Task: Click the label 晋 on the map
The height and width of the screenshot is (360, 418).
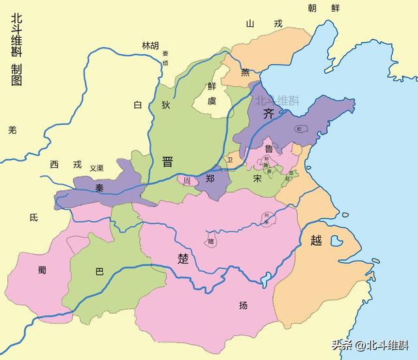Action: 168,161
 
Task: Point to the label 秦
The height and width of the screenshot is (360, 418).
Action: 99,188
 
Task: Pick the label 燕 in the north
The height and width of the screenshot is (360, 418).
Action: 245,73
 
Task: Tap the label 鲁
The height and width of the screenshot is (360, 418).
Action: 268,150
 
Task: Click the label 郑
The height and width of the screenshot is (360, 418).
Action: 210,178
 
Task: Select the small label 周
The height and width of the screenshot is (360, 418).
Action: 187,180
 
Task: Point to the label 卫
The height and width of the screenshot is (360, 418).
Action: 229,160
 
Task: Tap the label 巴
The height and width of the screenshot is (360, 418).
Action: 99,272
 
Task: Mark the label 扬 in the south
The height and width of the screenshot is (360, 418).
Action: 243,305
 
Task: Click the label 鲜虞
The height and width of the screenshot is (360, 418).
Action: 212,93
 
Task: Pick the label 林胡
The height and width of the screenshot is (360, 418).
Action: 150,46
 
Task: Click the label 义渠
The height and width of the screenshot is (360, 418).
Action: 97,168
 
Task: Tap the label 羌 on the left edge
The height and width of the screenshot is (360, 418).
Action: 12,130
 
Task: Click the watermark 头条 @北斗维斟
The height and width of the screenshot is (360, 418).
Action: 370,345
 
